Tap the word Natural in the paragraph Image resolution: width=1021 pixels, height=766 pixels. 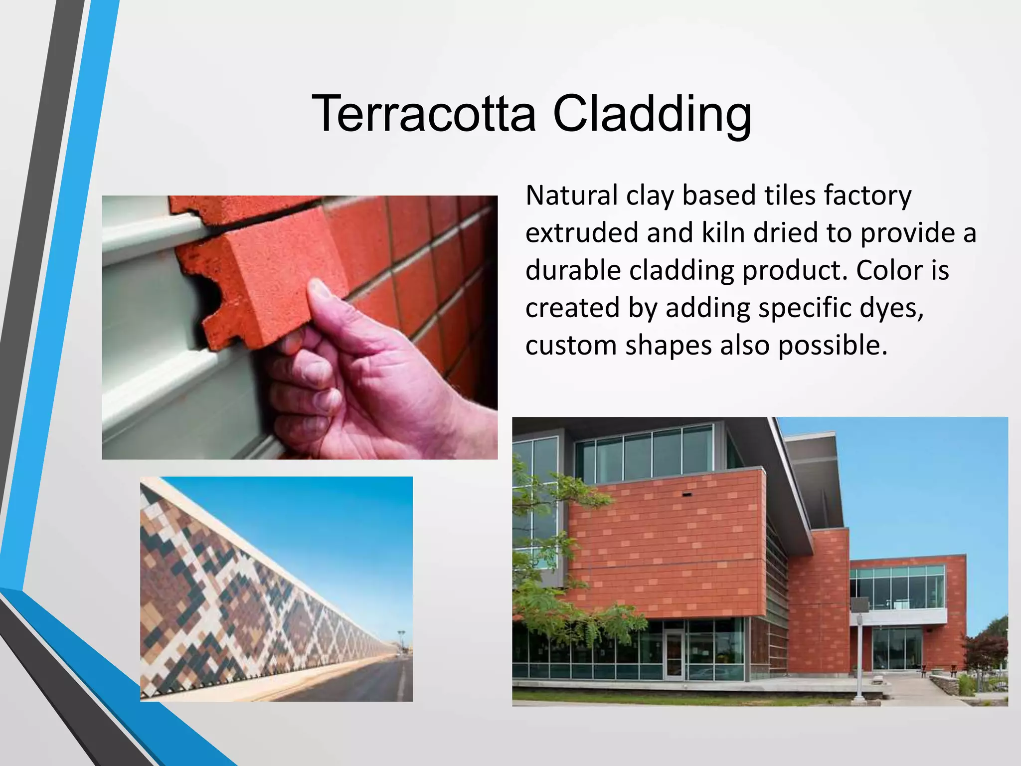[571, 195]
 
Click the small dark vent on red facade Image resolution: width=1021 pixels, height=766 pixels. [687, 494]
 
